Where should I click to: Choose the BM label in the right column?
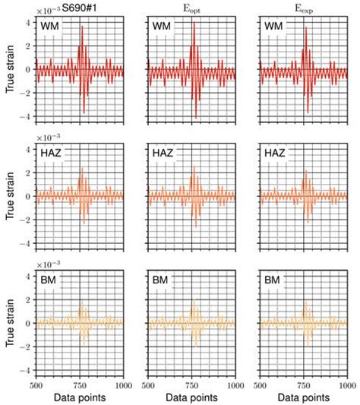274,281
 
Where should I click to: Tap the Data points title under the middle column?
193,397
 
